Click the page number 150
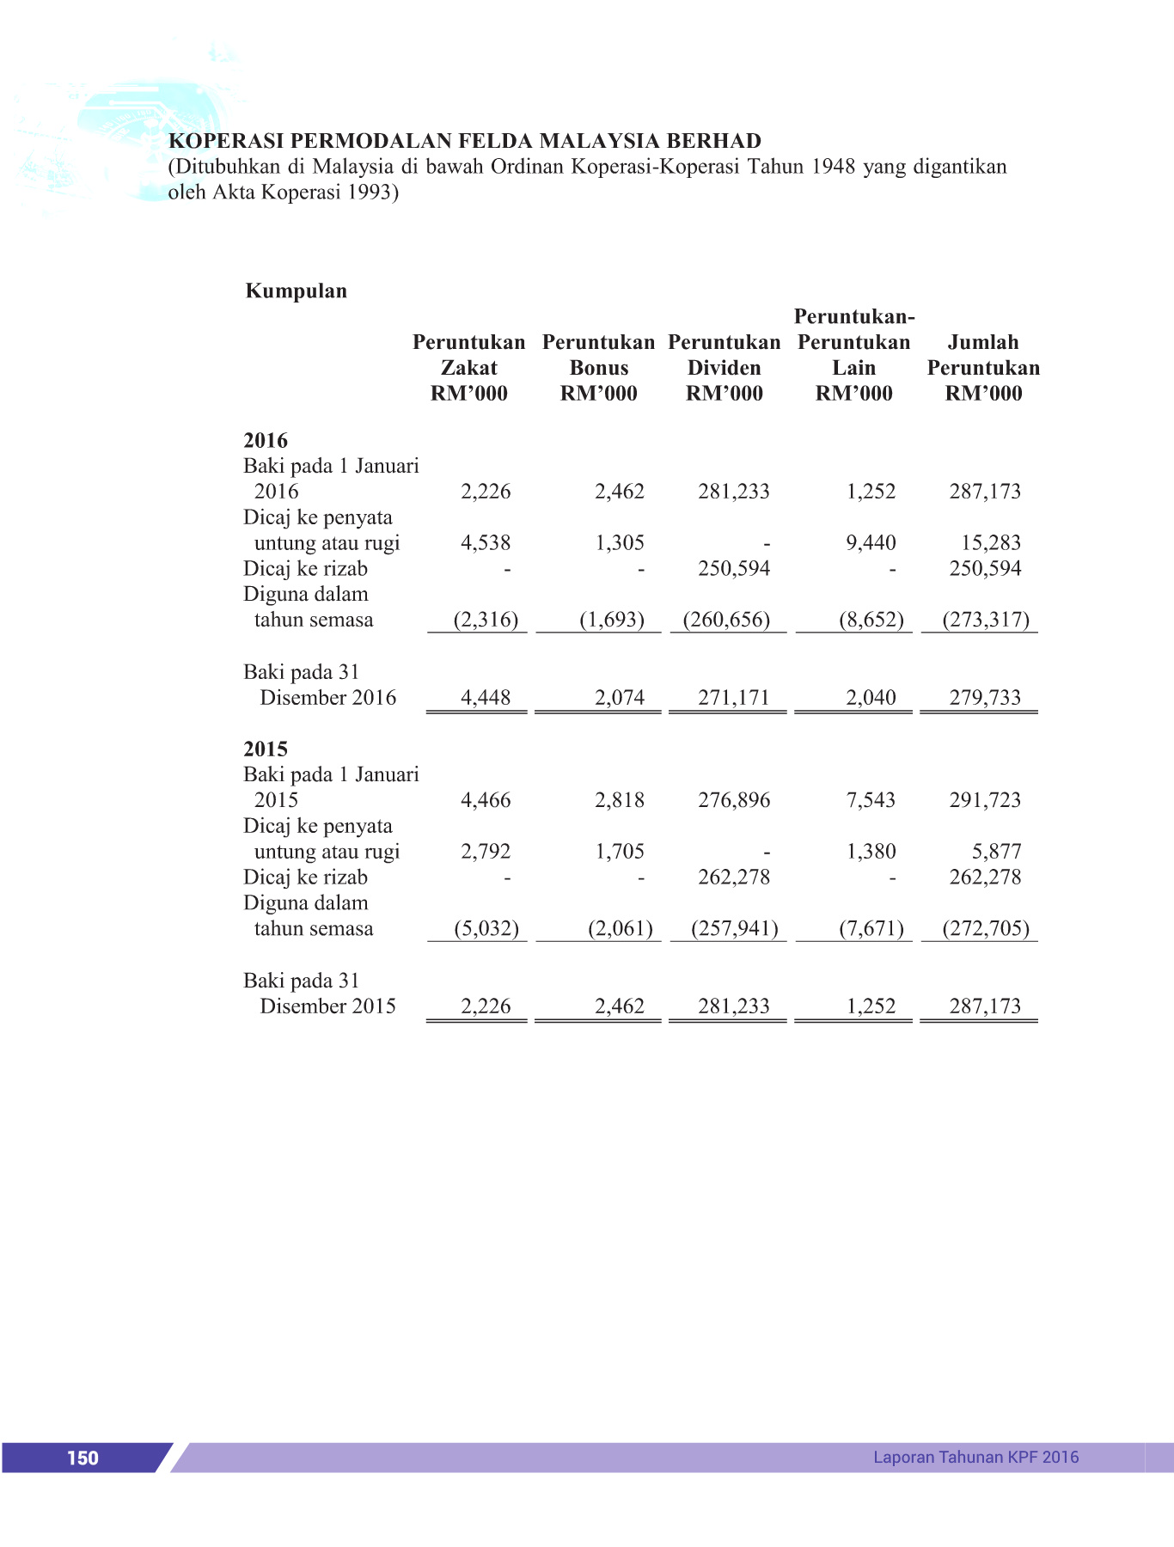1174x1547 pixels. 83,1458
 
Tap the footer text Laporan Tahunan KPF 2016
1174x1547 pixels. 975,1457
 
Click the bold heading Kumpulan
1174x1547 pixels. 297,290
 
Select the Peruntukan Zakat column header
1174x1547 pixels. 468,367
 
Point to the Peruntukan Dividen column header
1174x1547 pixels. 724,367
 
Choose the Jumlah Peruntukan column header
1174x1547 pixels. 983,367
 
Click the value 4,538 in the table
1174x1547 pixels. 486,543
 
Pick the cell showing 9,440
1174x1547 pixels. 871,543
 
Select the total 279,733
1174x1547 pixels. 985,698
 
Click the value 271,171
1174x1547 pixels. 734,698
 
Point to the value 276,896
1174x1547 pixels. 734,800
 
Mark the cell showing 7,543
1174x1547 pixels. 871,800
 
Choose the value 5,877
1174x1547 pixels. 996,852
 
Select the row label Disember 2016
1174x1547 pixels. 327,698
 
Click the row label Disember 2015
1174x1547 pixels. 327,1006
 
